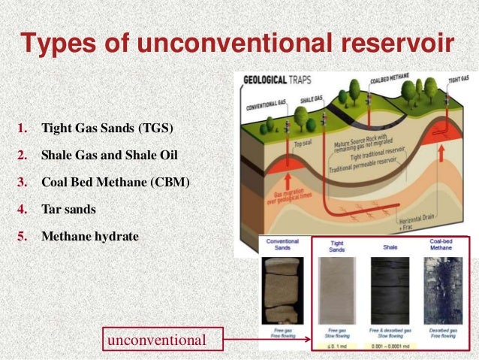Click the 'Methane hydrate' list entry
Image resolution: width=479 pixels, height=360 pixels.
(x=90, y=236)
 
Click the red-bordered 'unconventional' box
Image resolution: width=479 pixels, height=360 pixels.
(x=156, y=340)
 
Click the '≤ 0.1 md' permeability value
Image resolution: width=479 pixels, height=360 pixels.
(x=336, y=346)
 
